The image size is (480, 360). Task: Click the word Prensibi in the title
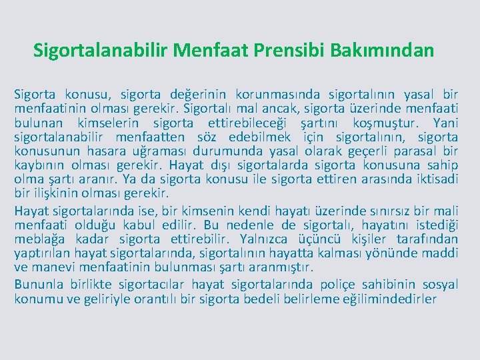pos(301,50)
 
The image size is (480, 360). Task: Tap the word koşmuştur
pos(387,123)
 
